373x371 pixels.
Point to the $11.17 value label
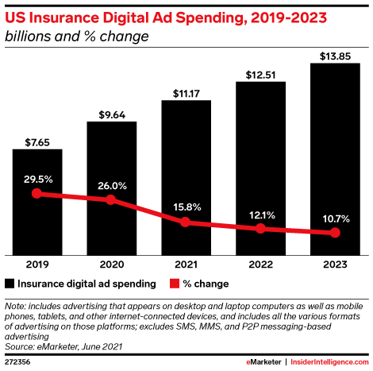pos(186,93)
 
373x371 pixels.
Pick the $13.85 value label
pos(334,56)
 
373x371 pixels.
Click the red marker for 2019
pos(37,193)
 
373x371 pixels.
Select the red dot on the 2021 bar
pos(186,222)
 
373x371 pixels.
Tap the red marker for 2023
pos(334,233)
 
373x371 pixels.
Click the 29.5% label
pos(37,179)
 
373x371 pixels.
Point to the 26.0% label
pos(111,184)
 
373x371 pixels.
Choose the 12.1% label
pos(260,214)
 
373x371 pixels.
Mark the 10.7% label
pos(334,218)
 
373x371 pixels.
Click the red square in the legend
pos(171,282)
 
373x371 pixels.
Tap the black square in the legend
pos(10,282)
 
